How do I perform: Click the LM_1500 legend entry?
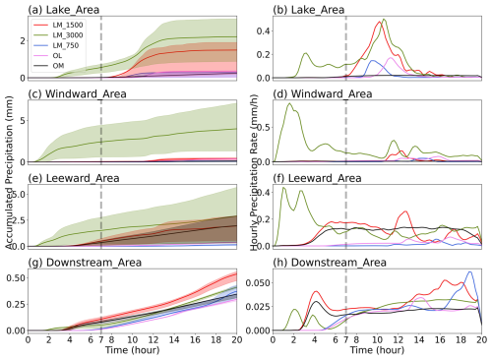point(58,26)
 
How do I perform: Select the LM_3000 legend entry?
point(58,35)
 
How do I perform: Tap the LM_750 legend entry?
point(56,45)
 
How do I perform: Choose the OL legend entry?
point(48,56)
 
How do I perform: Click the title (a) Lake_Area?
point(64,10)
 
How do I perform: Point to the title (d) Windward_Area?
point(323,94)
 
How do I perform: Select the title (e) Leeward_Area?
point(74,178)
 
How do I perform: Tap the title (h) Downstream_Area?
point(330,263)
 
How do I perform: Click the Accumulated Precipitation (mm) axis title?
point(9,172)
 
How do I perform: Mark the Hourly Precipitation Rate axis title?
point(254,172)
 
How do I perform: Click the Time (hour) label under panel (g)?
point(132,350)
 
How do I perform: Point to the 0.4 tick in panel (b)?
point(263,31)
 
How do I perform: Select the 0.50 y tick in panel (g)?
point(16,277)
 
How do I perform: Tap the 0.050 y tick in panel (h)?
point(258,283)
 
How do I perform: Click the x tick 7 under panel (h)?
point(346,339)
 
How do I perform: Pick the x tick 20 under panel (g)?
point(237,339)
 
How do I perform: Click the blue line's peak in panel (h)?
point(470,271)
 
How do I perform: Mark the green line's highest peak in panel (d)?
point(289,103)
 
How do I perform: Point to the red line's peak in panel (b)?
point(380,22)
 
